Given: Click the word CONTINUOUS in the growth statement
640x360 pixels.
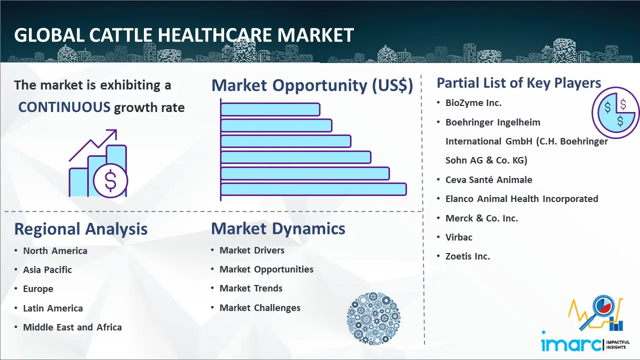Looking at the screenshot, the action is [x=64, y=107].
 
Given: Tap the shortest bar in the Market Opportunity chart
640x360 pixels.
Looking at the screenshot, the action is [x=270, y=109].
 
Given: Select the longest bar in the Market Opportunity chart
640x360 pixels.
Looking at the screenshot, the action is [x=313, y=189].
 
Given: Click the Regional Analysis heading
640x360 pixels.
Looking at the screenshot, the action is [x=81, y=229].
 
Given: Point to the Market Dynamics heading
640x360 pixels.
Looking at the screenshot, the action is [x=278, y=228].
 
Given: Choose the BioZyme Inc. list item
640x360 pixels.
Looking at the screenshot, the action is [x=473, y=103].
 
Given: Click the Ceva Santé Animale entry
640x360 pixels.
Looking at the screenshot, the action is [x=489, y=179].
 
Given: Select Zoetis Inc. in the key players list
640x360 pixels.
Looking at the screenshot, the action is [x=467, y=256].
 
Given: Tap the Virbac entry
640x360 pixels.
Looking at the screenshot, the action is [x=459, y=237].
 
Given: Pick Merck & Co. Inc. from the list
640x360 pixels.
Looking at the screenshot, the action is [x=481, y=218].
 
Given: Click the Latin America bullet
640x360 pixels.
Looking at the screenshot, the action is [x=53, y=308].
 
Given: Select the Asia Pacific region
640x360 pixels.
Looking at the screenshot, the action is [x=47, y=269].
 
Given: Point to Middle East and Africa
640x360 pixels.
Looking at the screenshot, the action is [x=72, y=327].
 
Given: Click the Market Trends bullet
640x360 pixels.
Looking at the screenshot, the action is [x=251, y=288].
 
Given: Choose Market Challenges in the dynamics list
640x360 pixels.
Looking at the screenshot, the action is [x=260, y=307].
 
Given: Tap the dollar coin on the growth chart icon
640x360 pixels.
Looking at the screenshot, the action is [x=110, y=181].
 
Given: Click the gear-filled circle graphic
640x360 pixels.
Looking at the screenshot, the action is [x=373, y=318].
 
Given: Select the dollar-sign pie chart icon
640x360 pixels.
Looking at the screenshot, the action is [x=615, y=113].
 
